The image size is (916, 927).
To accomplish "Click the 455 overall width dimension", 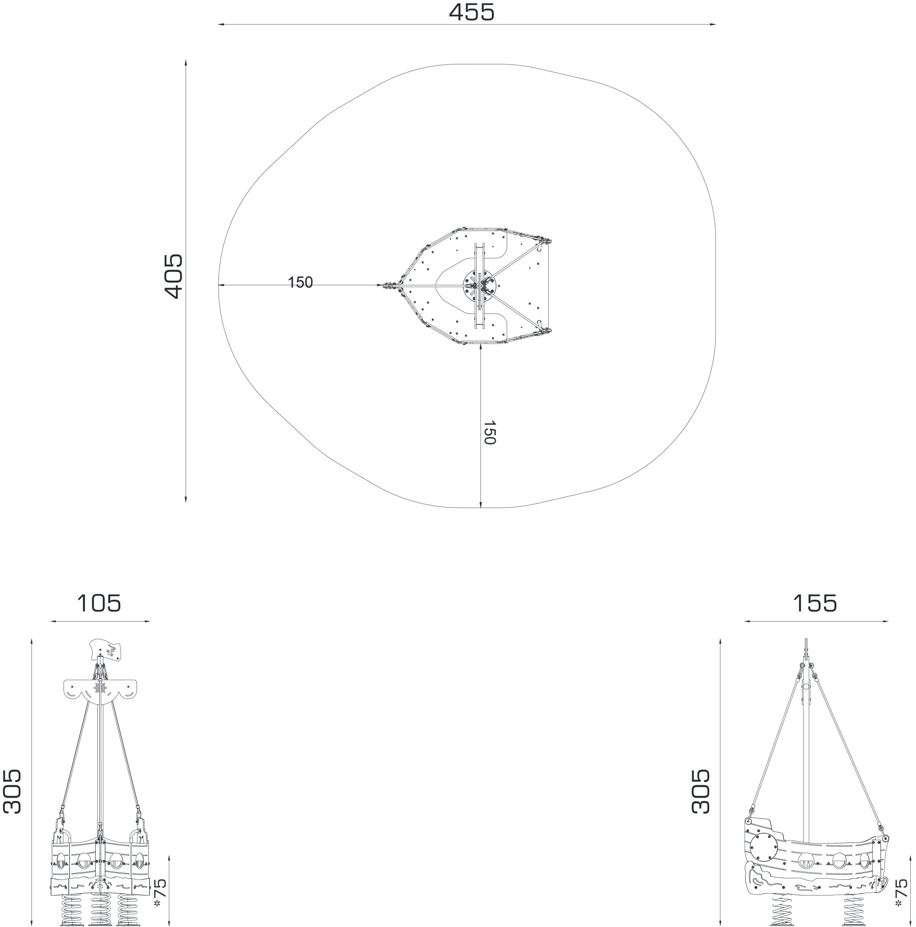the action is pyautogui.click(x=471, y=12).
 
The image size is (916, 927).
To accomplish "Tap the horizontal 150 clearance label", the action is pyautogui.click(x=301, y=282).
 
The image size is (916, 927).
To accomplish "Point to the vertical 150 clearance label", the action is pyautogui.click(x=489, y=432).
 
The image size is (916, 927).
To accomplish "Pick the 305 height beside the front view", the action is pyautogui.click(x=12, y=791).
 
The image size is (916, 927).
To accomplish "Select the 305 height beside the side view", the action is pyautogui.click(x=700, y=791).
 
